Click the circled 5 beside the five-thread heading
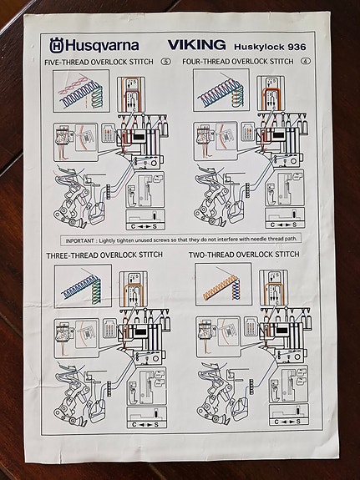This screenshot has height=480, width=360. point(166,62)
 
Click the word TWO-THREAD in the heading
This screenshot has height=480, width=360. point(210,255)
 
